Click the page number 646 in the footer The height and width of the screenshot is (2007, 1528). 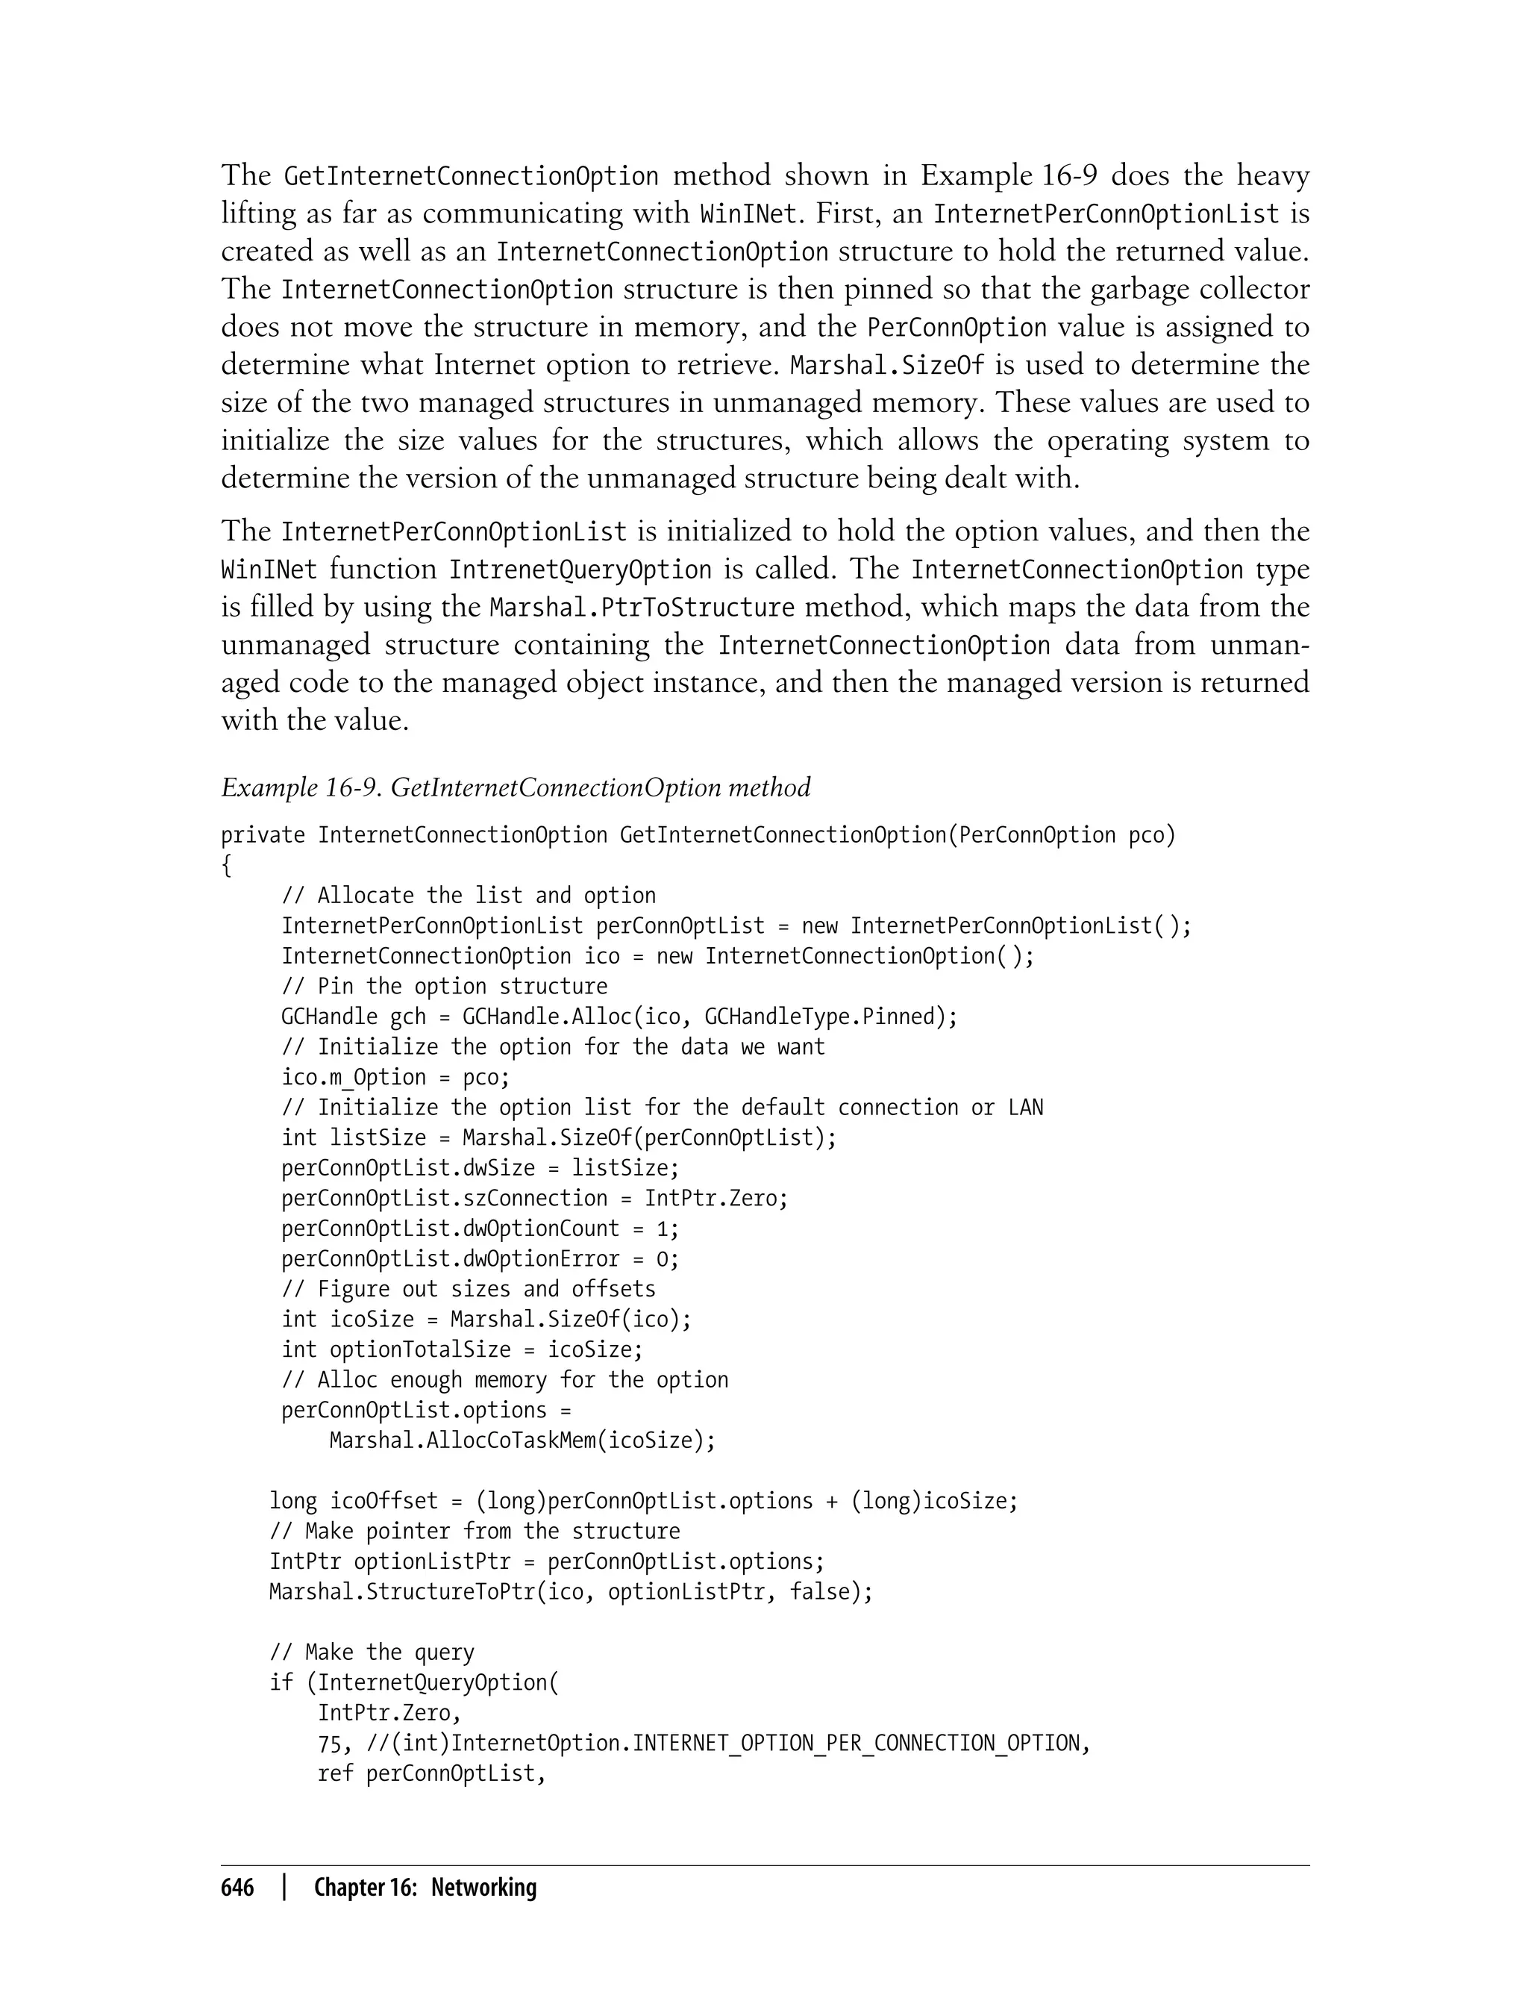[x=237, y=1888]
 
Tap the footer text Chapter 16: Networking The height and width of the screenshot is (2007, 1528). [x=425, y=1888]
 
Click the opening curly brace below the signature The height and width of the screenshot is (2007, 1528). [x=227, y=866]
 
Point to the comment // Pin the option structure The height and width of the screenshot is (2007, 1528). [x=444, y=986]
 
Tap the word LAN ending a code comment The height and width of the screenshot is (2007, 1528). [x=1025, y=1107]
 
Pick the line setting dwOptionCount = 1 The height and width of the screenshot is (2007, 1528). [x=479, y=1229]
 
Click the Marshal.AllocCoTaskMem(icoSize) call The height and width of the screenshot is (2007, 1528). [x=522, y=1441]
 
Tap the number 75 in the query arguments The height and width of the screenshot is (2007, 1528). [x=328, y=1744]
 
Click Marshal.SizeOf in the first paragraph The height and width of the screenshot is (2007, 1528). [x=887, y=366]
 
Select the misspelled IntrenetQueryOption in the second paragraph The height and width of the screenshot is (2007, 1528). [x=580, y=570]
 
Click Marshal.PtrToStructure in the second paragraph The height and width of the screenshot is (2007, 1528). [x=642, y=608]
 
